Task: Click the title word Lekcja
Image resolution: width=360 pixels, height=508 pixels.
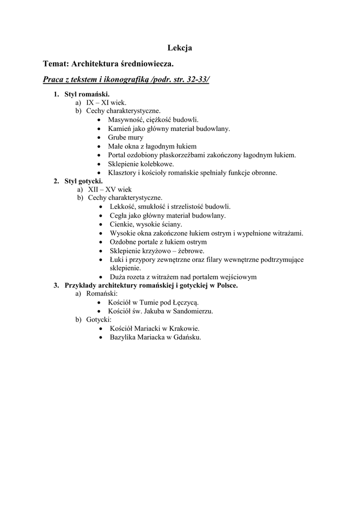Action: (179, 48)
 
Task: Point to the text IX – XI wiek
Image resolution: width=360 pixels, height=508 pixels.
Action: (106, 103)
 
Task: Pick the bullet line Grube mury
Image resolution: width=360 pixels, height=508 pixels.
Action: (126, 137)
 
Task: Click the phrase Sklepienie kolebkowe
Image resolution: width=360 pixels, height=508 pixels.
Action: (141, 164)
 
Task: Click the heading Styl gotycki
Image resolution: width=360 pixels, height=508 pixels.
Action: (83, 181)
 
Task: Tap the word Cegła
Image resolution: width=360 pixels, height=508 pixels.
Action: (119, 216)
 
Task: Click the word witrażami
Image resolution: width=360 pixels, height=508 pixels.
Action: (288, 233)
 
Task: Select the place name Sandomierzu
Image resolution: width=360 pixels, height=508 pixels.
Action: (193, 311)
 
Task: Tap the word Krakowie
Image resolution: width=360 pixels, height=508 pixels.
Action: (184, 328)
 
